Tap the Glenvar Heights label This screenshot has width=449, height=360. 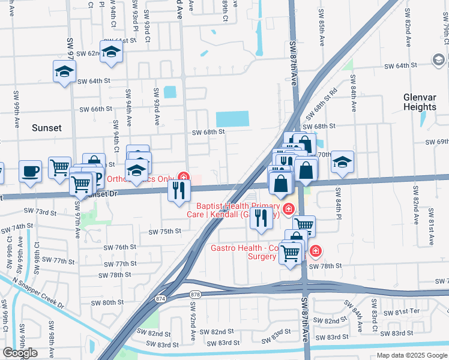pyautogui.click(x=420, y=101)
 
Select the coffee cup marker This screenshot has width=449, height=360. pyautogui.click(x=30, y=171)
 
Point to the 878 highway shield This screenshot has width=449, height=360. pyautogui.click(x=196, y=295)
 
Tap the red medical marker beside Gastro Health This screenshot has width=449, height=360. pyautogui.click(x=315, y=251)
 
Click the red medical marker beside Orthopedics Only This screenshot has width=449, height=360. pyautogui.click(x=183, y=178)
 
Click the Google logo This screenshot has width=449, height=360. pyautogui.click(x=20, y=353)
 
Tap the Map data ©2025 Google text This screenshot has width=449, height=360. pyautogui.click(x=411, y=355)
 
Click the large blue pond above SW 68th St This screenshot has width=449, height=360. pyautogui.click(x=232, y=119)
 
